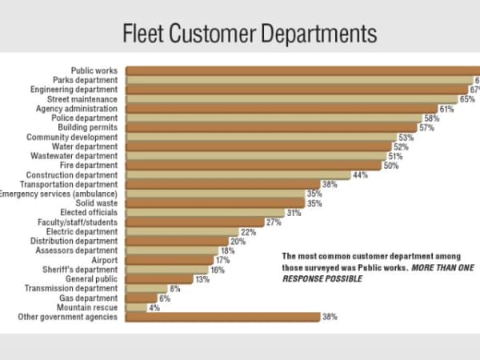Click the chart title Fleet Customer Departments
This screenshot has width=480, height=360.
[x=249, y=34]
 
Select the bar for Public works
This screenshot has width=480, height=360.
[x=302, y=70]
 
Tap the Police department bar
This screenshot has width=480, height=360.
[x=274, y=118]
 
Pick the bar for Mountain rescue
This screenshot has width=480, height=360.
[x=136, y=307]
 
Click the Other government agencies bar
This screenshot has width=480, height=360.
[x=222, y=317]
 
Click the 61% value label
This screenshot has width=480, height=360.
[x=446, y=109]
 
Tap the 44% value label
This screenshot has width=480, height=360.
[x=360, y=175]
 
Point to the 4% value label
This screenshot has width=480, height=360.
[x=154, y=307]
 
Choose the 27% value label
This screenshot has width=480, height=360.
[x=274, y=222]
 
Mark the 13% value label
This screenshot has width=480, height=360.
[x=202, y=279]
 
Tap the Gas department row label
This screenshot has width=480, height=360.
[x=90, y=298]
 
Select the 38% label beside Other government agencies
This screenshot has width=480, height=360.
[x=330, y=317]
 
